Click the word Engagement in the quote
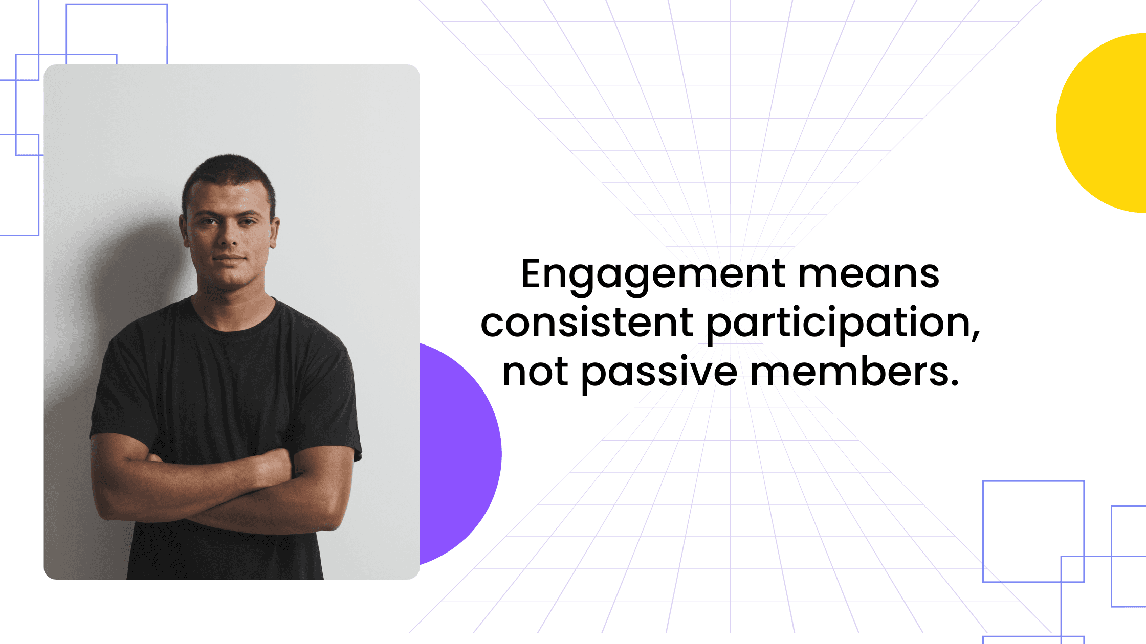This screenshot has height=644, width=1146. [652, 274]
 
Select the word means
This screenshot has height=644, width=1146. [868, 274]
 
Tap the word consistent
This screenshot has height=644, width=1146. [587, 323]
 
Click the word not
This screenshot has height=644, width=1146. [534, 372]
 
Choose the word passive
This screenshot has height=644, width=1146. [659, 372]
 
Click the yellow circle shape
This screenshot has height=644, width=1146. [1105, 123]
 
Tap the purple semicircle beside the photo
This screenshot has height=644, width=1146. [458, 455]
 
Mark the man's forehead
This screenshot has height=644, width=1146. [228, 197]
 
